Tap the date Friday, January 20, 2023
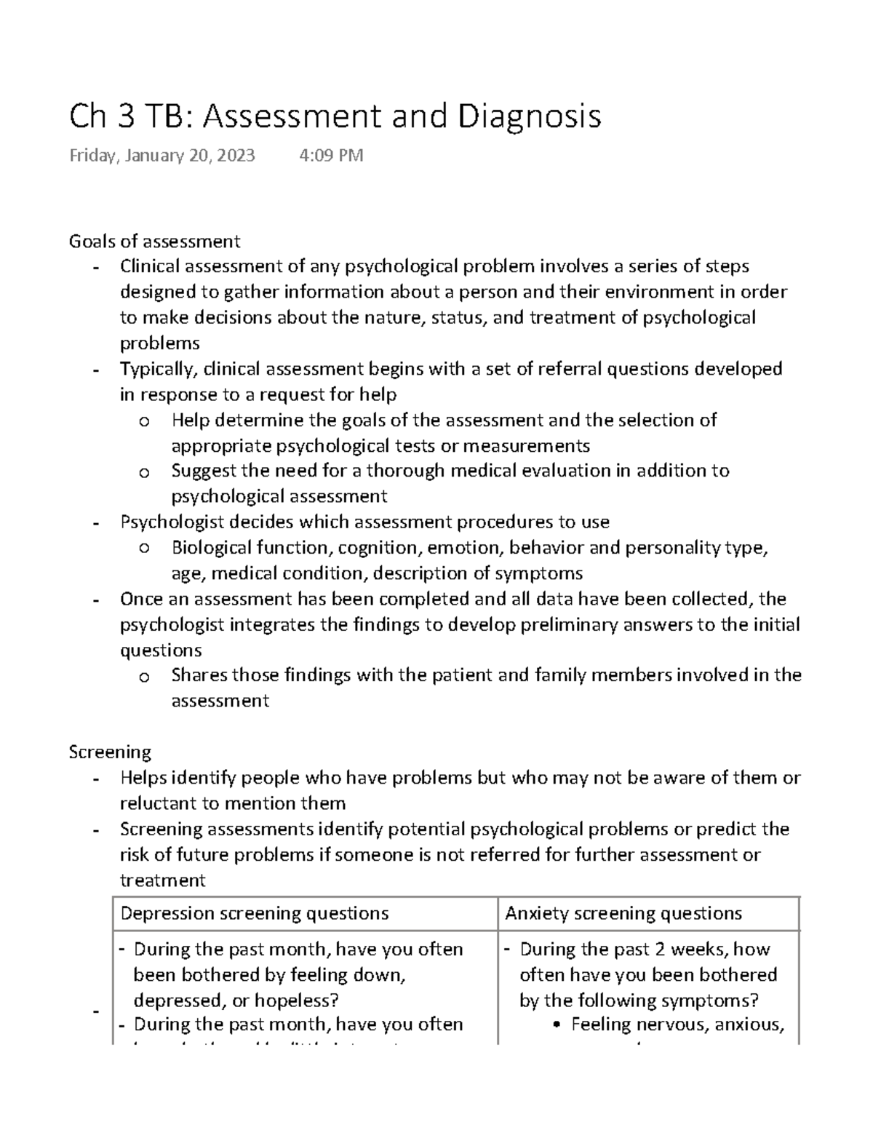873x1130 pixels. click(162, 155)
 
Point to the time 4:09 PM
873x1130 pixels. click(331, 155)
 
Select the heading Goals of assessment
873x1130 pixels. click(154, 241)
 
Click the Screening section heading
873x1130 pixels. click(110, 752)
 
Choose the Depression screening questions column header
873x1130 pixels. click(255, 913)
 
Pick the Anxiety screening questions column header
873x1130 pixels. click(623, 913)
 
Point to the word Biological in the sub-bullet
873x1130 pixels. click(210, 548)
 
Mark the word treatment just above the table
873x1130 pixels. click(162, 880)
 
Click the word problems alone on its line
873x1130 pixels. click(159, 343)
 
